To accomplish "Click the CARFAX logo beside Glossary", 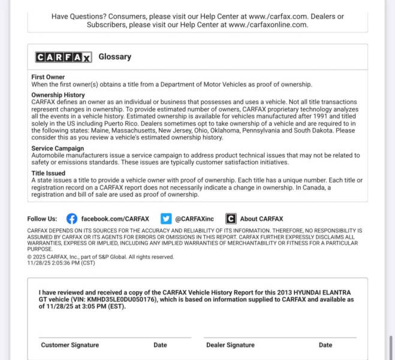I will click(64, 57).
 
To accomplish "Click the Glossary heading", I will click(114, 57).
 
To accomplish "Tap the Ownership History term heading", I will click(58, 95).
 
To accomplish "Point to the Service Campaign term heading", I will click(58, 148).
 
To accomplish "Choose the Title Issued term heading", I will click(48, 173).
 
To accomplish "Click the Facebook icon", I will click(72, 219).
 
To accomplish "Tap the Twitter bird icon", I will click(166, 219).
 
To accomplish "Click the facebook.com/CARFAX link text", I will click(115, 219).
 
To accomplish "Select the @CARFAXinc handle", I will click(195, 219).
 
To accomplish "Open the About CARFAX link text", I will click(261, 219).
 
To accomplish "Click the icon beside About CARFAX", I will click(231, 219).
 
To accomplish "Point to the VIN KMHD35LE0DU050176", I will click(122, 299).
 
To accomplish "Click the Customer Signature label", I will click(70, 345).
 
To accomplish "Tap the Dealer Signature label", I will click(230, 345).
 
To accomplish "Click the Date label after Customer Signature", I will click(160, 345).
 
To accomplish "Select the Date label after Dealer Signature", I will click(325, 345).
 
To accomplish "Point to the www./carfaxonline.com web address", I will click(268, 25).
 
